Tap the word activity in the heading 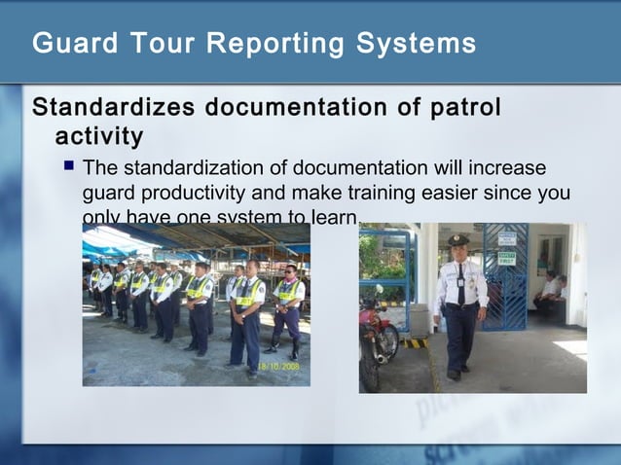point(99,135)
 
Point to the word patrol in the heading point(461,108)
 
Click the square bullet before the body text point(69,166)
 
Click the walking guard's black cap point(458,239)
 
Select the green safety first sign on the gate point(507,259)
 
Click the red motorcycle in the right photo point(377,336)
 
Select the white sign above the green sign point(507,238)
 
